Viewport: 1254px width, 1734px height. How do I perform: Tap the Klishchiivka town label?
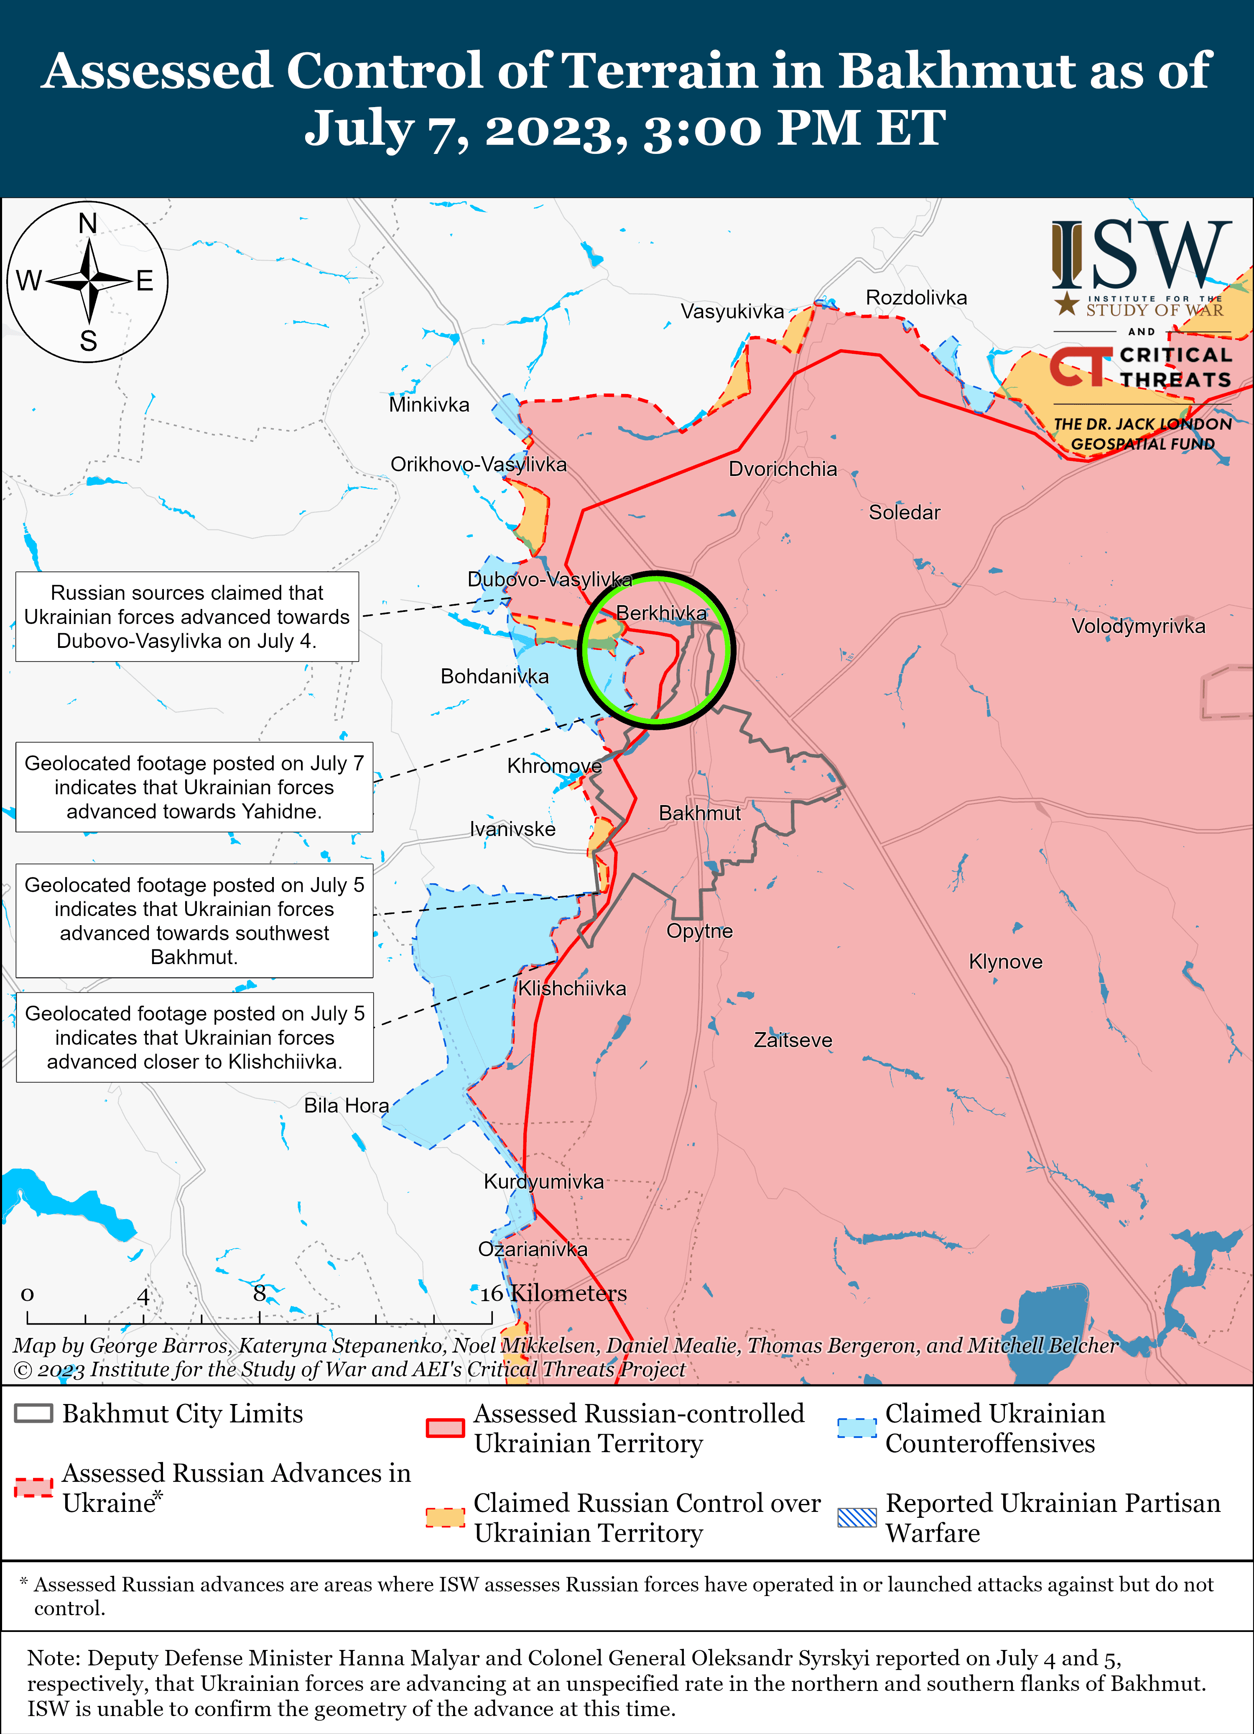571,989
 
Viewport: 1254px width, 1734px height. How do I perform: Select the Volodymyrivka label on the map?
1138,626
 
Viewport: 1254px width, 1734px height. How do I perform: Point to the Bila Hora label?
346,1105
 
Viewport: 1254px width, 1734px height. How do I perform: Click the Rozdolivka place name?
916,297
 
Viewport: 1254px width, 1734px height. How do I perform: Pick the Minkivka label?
429,404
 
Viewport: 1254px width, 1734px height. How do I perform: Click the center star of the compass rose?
89,281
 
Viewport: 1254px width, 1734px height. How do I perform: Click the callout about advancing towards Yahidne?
194,787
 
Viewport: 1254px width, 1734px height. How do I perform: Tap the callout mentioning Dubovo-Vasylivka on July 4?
187,616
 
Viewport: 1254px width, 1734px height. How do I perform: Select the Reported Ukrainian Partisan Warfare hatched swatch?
856,1517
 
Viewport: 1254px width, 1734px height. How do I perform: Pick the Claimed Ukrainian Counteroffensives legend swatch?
856,1427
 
